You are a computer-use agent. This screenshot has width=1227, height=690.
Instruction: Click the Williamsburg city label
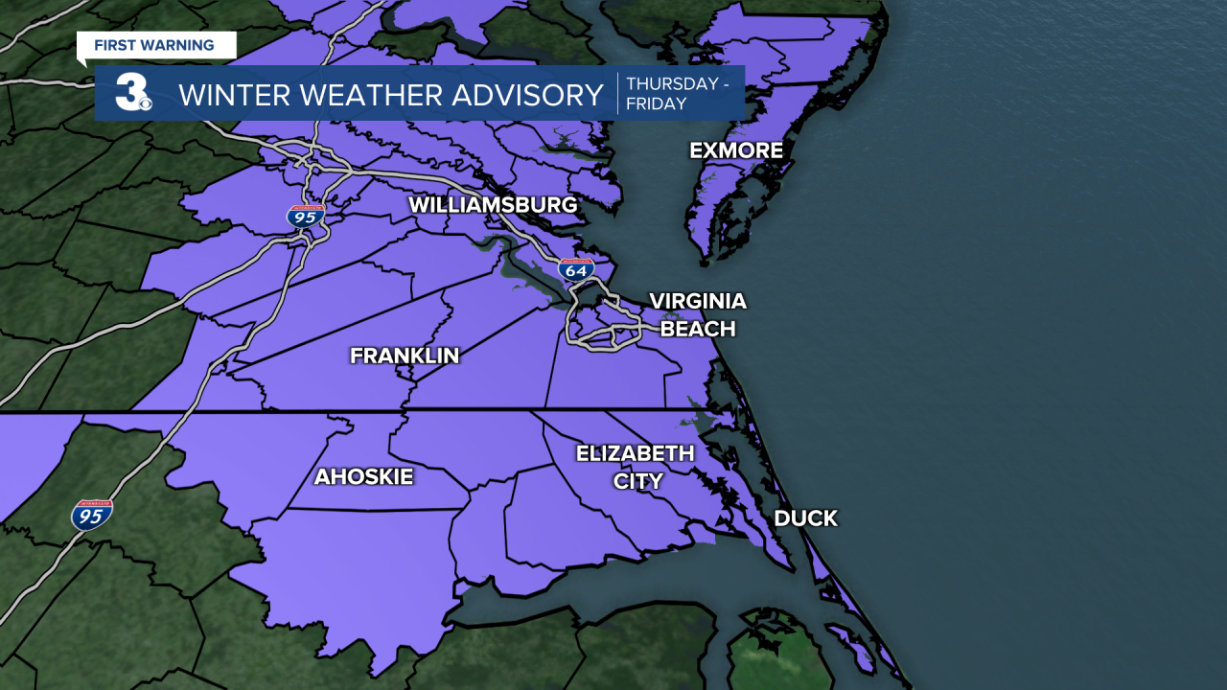click(x=493, y=205)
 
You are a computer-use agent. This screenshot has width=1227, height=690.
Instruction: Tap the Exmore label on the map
click(x=736, y=150)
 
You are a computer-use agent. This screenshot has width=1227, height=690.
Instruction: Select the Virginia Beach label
click(x=697, y=315)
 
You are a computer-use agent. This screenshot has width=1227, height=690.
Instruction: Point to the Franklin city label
click(x=405, y=356)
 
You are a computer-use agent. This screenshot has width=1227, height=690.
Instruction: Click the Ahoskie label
click(x=363, y=476)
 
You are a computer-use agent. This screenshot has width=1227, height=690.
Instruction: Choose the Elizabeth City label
click(x=635, y=467)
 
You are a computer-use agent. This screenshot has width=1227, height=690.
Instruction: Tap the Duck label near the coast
click(x=805, y=518)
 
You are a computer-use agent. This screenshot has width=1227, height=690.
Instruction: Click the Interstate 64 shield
click(x=576, y=270)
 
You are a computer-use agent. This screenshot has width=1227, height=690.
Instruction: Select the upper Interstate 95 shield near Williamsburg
click(x=306, y=216)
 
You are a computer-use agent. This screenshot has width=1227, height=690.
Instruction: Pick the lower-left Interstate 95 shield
click(x=92, y=516)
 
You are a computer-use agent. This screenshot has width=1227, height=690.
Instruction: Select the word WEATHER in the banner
click(x=370, y=95)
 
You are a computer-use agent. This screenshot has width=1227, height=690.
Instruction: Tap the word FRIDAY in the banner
click(x=656, y=103)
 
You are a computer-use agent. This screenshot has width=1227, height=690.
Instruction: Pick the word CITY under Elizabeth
click(x=637, y=481)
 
